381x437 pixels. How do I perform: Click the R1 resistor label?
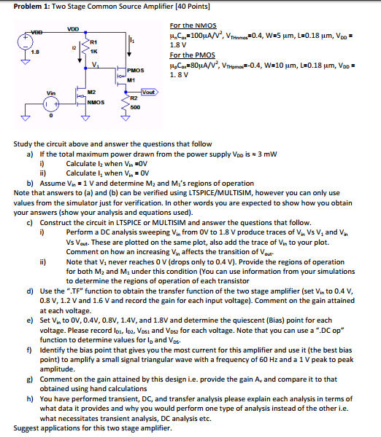93,44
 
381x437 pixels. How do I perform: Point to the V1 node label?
96,66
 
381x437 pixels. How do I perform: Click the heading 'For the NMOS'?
192,25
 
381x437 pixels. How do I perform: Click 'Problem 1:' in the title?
20,6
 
